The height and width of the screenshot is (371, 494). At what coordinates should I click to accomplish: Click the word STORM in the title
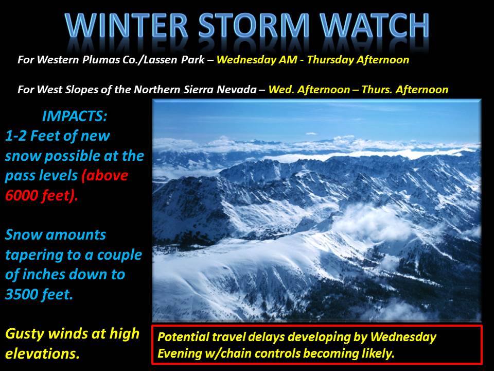point(254,26)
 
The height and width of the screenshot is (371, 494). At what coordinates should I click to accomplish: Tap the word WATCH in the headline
point(374,26)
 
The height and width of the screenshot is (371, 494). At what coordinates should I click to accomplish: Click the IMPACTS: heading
point(75,116)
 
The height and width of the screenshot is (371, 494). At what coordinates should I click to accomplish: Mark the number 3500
point(22,294)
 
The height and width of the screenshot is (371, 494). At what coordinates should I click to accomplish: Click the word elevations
point(42,353)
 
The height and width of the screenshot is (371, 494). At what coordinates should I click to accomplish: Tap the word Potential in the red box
point(183,337)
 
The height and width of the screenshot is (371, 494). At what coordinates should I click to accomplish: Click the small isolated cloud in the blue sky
point(311,134)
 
